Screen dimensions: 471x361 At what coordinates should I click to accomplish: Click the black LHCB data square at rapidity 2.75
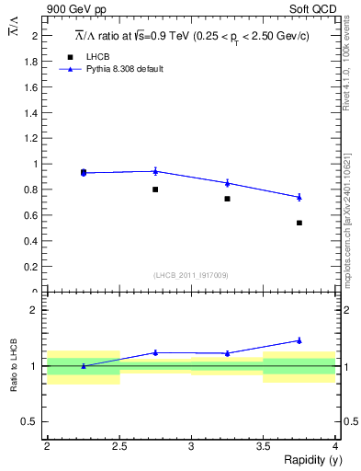point(155,190)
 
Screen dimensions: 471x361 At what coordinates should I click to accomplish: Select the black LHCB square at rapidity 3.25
point(227,199)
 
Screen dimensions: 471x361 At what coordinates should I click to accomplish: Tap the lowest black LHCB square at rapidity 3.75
point(299,223)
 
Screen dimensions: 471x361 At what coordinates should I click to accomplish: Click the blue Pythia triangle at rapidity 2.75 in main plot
point(155,171)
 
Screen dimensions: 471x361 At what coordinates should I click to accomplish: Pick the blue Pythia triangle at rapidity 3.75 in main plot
point(299,197)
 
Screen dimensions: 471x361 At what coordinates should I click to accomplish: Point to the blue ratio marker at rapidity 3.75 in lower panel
point(299,340)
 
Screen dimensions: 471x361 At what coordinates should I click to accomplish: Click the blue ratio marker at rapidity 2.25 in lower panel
point(84,366)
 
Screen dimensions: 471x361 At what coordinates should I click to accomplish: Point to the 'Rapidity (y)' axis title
point(307,460)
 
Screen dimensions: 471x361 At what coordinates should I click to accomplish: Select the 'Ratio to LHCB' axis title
point(14,366)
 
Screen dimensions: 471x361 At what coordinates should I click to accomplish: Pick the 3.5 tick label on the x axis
point(264,446)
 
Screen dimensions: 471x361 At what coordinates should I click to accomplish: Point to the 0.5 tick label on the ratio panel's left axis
point(32,421)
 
